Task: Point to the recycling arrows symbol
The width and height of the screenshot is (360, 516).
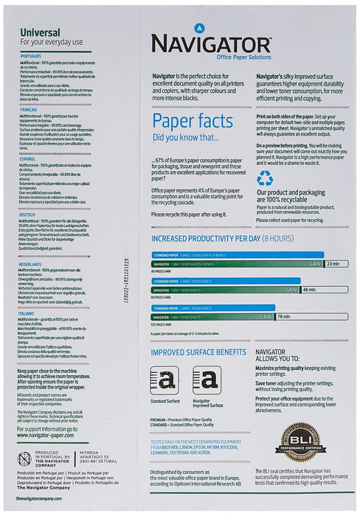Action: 265,178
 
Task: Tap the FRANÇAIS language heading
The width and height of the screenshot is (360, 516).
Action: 29,108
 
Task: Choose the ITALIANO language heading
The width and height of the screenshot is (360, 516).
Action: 27,313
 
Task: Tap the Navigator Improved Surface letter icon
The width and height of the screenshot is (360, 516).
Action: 205,380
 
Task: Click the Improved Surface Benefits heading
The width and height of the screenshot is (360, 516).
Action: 198,352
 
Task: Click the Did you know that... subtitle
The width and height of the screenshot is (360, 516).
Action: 185,137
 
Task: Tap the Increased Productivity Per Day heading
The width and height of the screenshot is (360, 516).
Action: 222,239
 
